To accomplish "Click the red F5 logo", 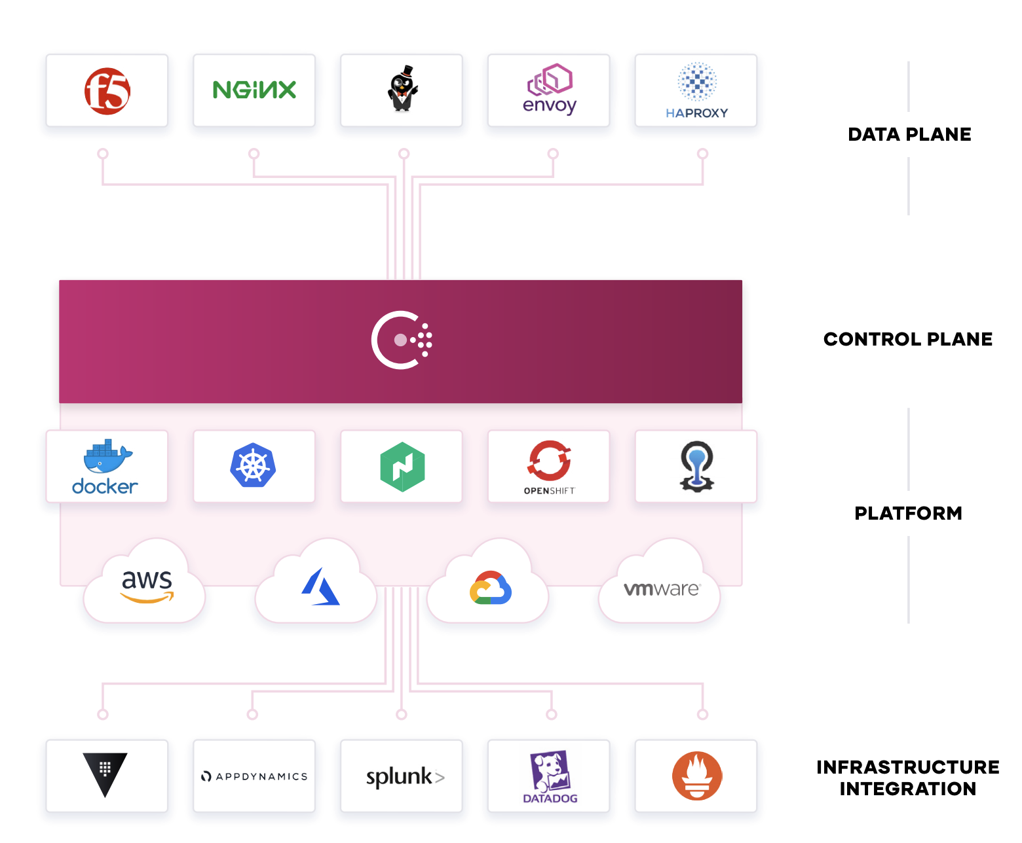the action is point(107,91).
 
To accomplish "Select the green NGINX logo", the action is point(254,90).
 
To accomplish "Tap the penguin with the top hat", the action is point(402,88).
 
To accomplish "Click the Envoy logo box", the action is point(549,90).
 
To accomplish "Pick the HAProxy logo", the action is point(696,90).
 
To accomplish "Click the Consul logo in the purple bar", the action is point(402,340).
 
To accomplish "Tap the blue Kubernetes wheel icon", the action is point(253,465).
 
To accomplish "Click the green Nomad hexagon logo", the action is point(402,467).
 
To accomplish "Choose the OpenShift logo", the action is point(549,467).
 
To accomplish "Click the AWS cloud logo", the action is point(147,586).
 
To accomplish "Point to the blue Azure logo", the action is point(320,586).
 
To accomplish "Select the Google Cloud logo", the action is point(491,588).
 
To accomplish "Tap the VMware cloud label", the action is point(662,589).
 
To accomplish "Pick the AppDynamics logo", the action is point(255,776).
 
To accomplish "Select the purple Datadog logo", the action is point(550,777).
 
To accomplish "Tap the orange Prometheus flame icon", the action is point(697,776).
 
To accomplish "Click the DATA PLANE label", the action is point(909,134).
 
